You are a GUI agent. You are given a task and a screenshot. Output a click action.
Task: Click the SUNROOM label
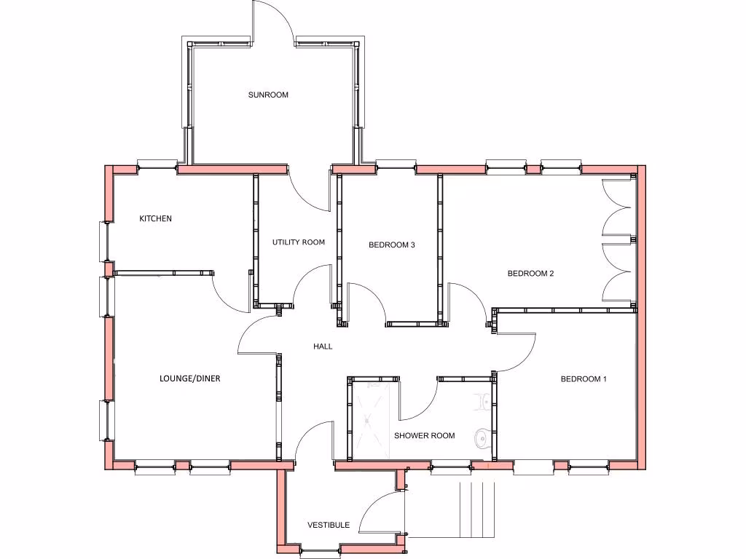(268, 95)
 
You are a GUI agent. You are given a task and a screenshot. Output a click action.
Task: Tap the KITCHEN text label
(155, 218)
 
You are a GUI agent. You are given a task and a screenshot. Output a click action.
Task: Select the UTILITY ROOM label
(299, 242)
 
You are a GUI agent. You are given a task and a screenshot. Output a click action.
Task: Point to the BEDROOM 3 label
(391, 245)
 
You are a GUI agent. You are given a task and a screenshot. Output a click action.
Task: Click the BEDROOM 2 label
(530, 274)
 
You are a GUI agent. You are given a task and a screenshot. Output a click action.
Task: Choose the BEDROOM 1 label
(583, 378)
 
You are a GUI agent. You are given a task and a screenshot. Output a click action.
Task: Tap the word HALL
(323, 346)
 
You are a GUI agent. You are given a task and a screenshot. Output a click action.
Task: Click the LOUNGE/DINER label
(189, 378)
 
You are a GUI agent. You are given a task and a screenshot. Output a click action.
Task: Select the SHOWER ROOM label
(424, 435)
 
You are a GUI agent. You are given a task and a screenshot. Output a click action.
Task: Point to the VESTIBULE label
(328, 525)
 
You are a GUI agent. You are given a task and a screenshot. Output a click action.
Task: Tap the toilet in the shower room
(484, 400)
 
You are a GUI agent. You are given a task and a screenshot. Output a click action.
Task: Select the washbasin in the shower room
(482, 437)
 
